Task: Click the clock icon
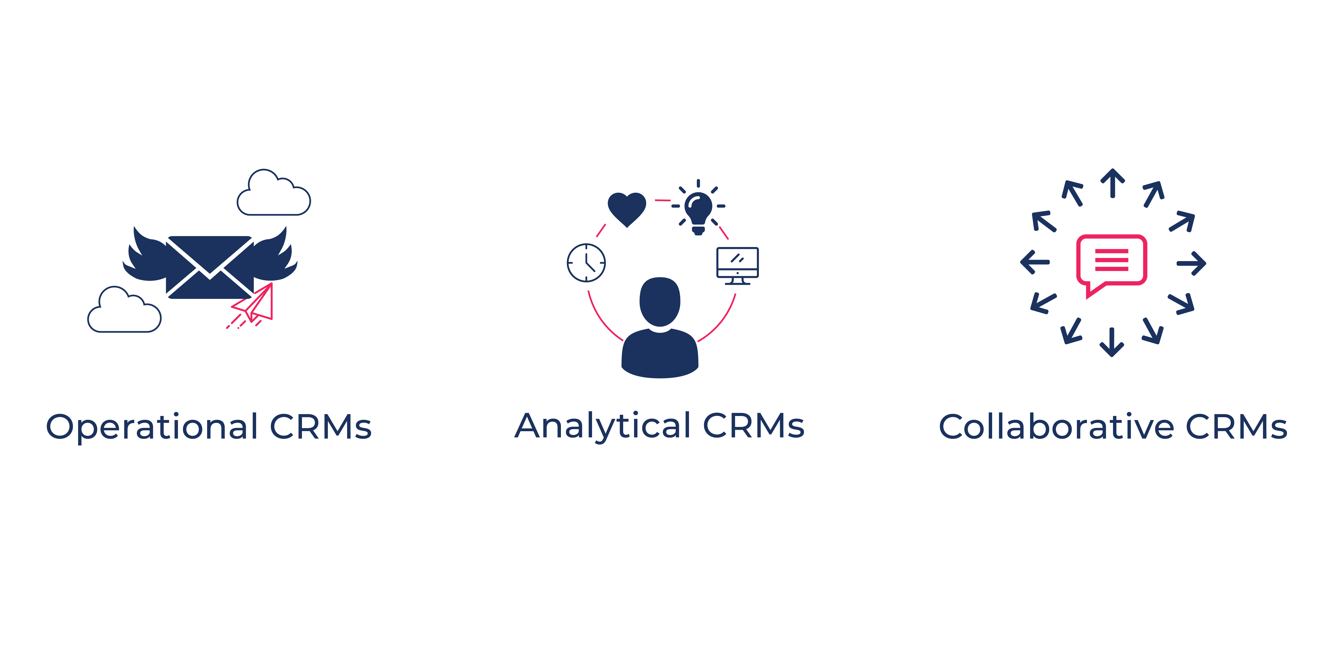586,263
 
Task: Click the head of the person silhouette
660,301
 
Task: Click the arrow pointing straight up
1112,183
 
